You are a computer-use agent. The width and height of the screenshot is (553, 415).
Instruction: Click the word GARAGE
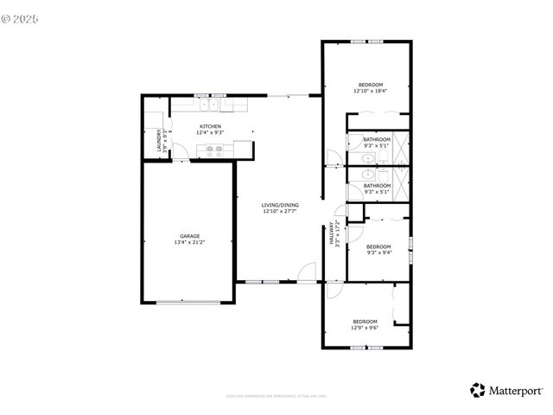(190, 235)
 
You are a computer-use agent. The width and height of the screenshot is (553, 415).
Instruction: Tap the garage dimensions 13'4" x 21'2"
(190, 241)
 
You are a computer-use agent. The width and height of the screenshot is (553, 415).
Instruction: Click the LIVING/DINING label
(280, 205)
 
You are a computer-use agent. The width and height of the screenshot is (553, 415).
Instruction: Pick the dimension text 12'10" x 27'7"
(280, 211)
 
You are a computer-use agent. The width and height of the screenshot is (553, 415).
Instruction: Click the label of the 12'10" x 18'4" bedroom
(370, 85)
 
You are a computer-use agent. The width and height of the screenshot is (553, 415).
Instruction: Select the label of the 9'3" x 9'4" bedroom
(378, 246)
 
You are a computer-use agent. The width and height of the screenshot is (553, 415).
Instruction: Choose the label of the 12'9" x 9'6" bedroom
(365, 322)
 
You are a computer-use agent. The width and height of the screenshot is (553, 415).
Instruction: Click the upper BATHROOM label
(377, 139)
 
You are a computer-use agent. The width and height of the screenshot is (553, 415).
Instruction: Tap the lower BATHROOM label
(377, 185)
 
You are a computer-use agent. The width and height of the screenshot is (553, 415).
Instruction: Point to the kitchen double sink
(207, 105)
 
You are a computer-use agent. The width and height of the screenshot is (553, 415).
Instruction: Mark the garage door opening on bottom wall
(188, 301)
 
